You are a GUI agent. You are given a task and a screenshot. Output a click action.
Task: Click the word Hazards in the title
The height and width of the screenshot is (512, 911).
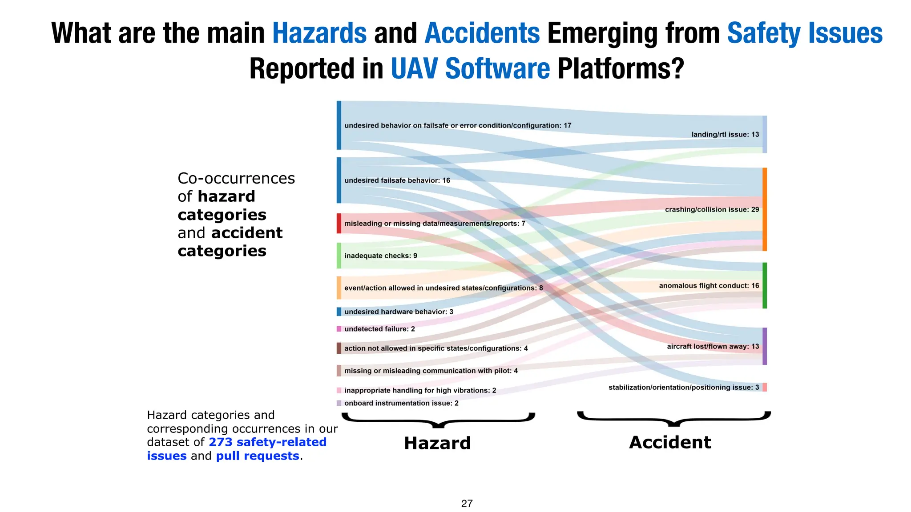coord(319,33)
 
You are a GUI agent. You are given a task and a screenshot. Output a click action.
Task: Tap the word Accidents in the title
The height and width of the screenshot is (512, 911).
coord(482,33)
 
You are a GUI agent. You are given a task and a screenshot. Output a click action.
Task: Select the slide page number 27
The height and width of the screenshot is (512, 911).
coord(467,504)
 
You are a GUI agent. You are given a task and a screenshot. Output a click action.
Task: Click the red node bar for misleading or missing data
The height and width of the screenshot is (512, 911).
coord(339,223)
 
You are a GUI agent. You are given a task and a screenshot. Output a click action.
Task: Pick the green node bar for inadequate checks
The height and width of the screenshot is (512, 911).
coord(339,256)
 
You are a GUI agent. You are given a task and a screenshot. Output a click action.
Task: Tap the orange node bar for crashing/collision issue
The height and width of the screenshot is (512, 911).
coord(765,209)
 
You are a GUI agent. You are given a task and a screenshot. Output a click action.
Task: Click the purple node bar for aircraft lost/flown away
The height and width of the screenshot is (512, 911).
coord(765,346)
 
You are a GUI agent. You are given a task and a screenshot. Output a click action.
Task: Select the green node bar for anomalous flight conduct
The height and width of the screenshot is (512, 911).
coord(765,285)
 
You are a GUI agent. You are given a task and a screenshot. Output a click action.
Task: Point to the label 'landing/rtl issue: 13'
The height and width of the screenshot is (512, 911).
coord(725,134)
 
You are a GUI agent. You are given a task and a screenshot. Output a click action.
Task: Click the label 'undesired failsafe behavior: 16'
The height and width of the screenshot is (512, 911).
coord(397,180)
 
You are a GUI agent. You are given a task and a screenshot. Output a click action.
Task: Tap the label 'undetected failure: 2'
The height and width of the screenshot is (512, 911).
coord(379,329)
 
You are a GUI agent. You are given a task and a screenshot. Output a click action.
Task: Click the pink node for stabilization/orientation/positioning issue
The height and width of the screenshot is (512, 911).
coord(765,387)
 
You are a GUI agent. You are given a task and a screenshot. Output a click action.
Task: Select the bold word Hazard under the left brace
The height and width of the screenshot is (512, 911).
coord(437,443)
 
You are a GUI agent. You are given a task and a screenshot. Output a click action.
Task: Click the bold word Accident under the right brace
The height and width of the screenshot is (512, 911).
coord(670,442)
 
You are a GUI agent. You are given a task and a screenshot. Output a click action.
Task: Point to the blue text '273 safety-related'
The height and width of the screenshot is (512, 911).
coord(267,442)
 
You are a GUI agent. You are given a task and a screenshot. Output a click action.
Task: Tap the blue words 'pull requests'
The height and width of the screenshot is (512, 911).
coord(258,456)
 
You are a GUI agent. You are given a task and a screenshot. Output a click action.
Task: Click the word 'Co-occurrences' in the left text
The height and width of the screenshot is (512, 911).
coord(236,178)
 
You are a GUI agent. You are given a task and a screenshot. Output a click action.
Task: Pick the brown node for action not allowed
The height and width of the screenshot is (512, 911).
coord(339,348)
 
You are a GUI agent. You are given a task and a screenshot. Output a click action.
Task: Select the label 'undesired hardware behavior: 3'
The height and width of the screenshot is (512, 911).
coord(399,312)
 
